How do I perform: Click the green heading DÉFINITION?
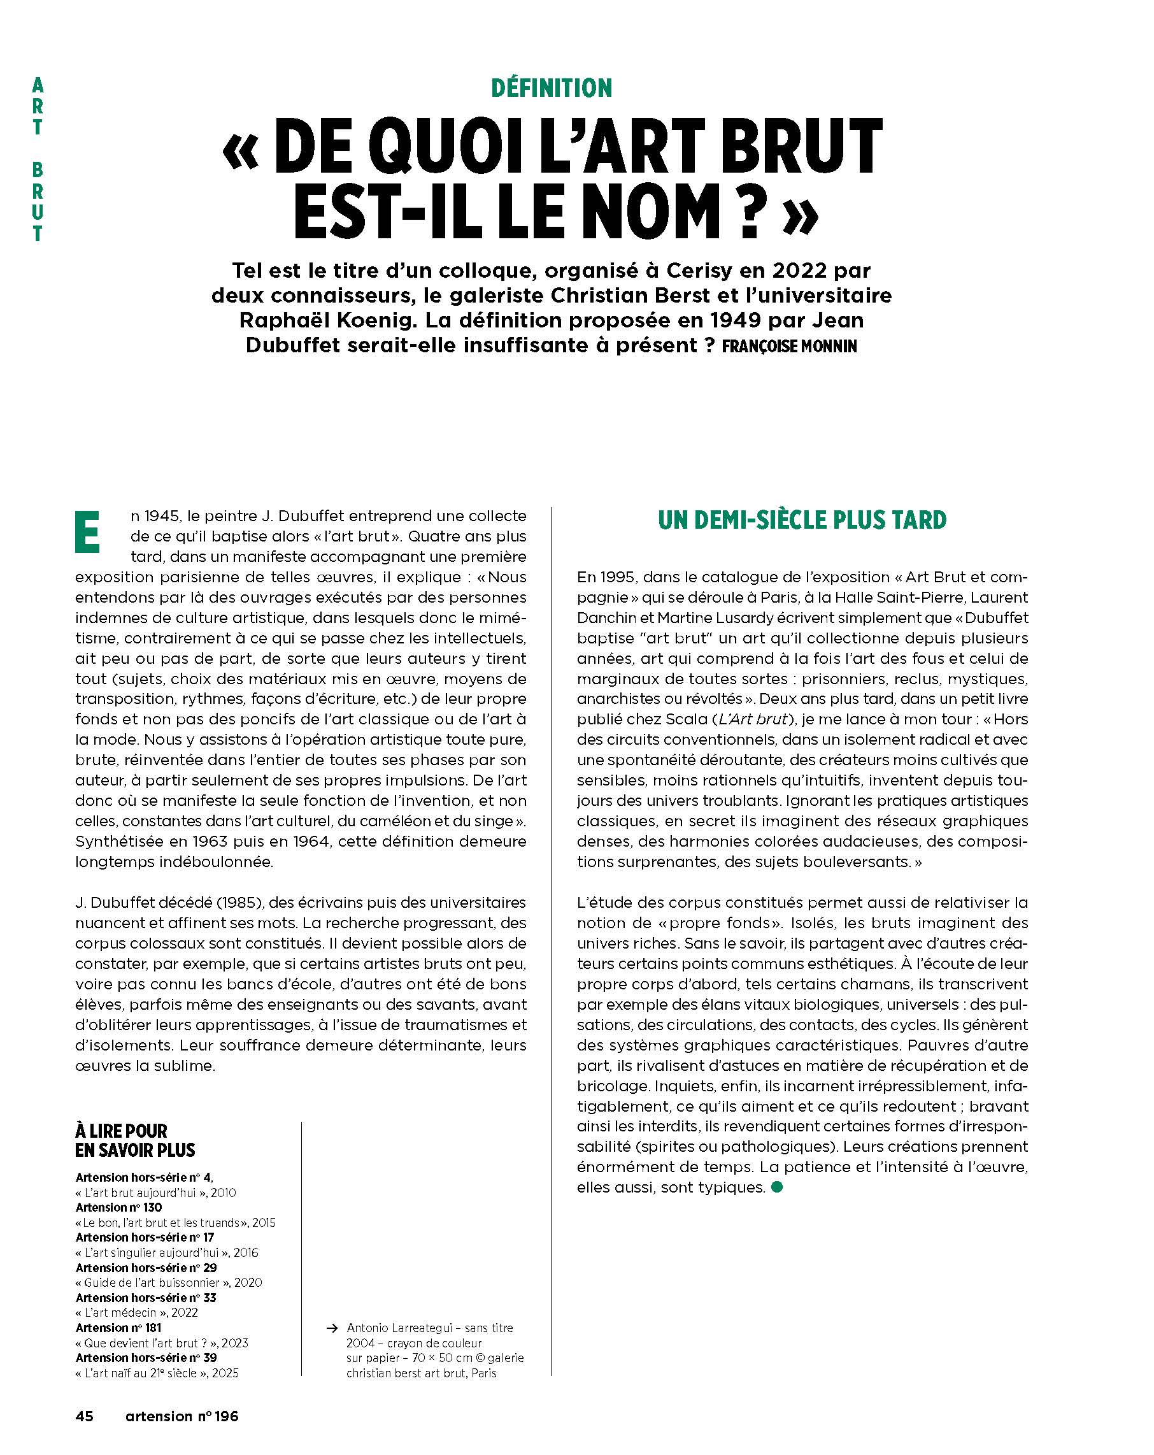coord(552,88)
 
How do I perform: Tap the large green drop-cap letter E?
coord(88,533)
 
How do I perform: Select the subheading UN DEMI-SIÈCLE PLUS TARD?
coord(802,520)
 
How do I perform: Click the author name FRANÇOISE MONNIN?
coord(789,346)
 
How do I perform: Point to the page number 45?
coord(84,1415)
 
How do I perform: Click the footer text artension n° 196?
coord(182,1415)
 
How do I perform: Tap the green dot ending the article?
coord(777,1187)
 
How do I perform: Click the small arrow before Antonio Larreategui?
coord(332,1328)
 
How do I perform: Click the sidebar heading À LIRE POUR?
coord(122,1130)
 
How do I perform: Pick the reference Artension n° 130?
coord(118,1207)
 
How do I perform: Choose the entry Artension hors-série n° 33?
coord(146,1297)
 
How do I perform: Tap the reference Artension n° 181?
coord(118,1328)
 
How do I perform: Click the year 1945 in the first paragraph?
coord(162,516)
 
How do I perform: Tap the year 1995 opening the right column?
coord(617,577)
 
